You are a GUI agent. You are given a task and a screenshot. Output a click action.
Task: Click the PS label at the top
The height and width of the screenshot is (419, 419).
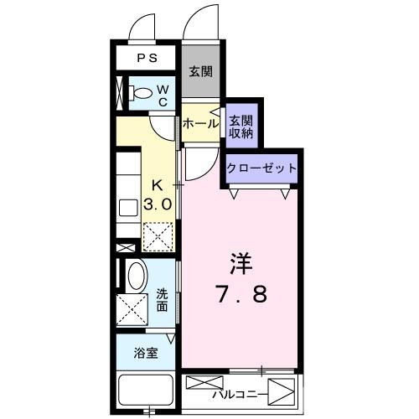[x=147, y=58]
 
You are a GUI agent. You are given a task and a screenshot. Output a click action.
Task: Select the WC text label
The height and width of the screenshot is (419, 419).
[x=163, y=95]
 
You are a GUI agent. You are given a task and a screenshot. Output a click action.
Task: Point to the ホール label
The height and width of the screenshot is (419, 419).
[x=200, y=123]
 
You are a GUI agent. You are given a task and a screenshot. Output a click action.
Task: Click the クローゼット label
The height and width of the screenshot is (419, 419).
[x=261, y=168]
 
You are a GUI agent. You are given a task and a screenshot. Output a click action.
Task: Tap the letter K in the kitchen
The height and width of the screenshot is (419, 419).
[x=158, y=185]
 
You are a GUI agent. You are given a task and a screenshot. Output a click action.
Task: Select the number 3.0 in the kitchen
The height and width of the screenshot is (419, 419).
[x=160, y=204]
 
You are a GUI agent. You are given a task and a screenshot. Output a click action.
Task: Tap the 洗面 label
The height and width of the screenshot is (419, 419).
[x=162, y=299]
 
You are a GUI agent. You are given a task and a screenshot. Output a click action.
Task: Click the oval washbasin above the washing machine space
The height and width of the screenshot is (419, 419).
[x=134, y=275]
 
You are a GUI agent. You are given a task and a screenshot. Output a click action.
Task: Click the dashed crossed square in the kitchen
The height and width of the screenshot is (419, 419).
[x=158, y=235]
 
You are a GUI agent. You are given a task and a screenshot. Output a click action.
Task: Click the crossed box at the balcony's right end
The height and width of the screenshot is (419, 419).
[x=285, y=391]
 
